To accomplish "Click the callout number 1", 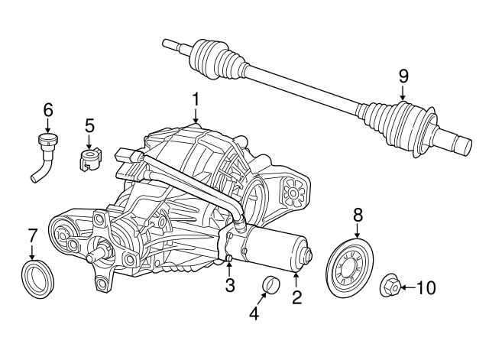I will (x=196, y=99).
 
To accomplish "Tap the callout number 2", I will (x=296, y=296).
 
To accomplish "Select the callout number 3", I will (x=229, y=286).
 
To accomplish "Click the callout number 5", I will (x=89, y=125).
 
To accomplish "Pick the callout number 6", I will (x=48, y=109).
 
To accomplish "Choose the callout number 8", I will (x=358, y=216).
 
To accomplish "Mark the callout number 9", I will (x=403, y=76).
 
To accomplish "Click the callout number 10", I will (x=425, y=288).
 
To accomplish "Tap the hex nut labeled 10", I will (x=390, y=287).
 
